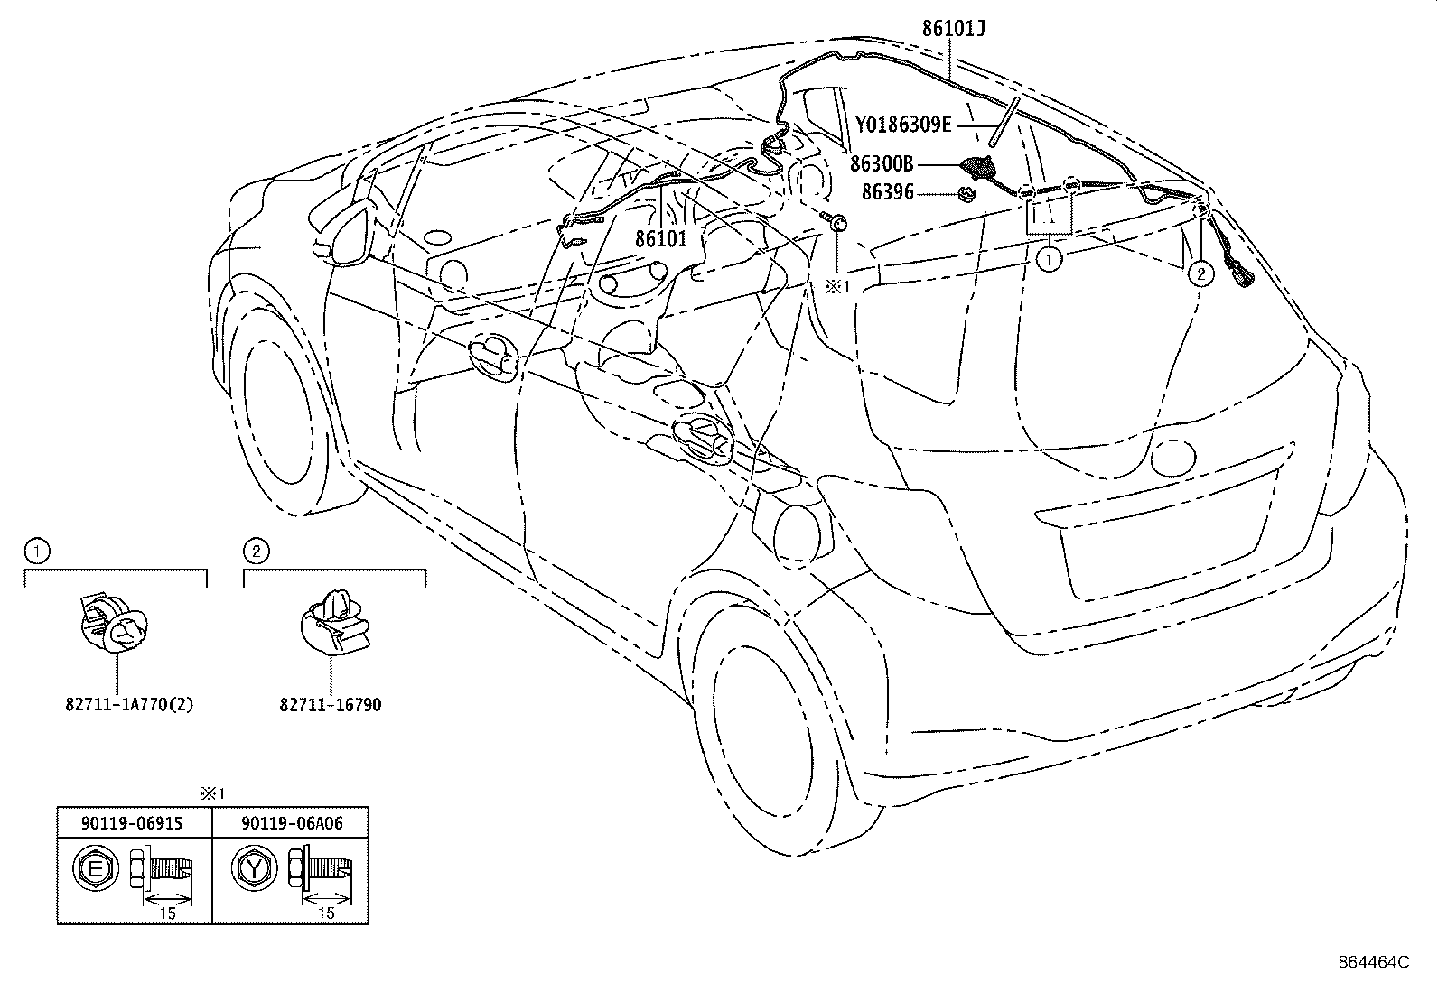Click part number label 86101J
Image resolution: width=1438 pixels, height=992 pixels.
[x=952, y=28]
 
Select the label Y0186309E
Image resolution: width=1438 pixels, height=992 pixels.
[x=903, y=125]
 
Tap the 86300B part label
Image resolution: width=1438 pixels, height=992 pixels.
[x=881, y=164]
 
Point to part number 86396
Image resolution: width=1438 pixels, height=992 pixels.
[x=887, y=192]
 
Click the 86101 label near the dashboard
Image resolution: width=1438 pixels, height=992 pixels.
[x=661, y=239]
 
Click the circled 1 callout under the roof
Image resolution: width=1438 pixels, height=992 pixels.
[x=1048, y=260]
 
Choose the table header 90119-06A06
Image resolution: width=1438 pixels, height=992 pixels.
[x=291, y=823]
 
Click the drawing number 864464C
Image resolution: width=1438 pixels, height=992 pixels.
[x=1373, y=962]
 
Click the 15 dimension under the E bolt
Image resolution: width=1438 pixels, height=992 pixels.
[x=167, y=913]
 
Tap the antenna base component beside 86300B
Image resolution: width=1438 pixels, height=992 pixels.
[x=976, y=168]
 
